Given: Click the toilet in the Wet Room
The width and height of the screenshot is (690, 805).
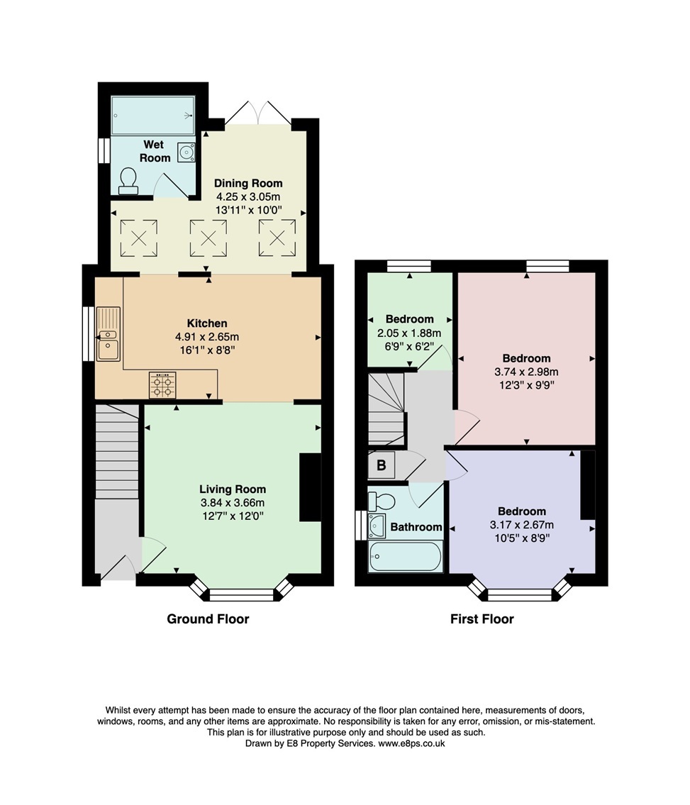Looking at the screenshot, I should coord(128,180).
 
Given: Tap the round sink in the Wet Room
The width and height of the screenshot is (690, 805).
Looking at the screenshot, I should coord(187,152).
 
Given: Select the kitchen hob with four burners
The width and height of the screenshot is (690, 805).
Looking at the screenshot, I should coord(162,385).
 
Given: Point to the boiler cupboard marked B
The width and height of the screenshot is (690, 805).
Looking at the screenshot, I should coord(381,466).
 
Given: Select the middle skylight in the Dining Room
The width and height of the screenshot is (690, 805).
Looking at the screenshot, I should coord(207,237).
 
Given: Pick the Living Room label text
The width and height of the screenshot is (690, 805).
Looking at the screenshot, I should coord(233,489).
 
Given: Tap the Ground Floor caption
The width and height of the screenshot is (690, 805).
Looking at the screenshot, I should coord(208,619).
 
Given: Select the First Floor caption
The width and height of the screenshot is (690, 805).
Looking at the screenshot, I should coord(482,619).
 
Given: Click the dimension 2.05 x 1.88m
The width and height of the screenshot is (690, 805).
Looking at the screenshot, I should coord(409,333).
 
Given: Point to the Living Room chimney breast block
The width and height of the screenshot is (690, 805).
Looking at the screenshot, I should coord(310,488).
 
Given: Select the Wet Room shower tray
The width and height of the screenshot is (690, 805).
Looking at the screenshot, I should coord(152,114).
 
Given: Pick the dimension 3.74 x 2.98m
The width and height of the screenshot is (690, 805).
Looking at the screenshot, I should coord(526,372).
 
